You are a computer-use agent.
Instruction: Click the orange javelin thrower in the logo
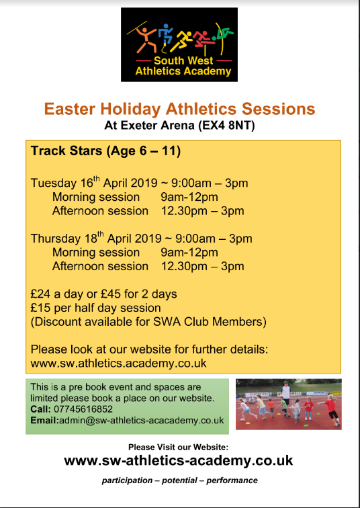click(145, 40)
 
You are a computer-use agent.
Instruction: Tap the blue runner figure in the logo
click(165, 37)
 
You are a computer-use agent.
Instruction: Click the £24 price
click(40, 294)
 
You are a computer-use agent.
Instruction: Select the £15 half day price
click(40, 308)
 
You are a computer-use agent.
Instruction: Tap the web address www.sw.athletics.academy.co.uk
click(118, 363)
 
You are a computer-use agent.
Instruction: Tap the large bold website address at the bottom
click(179, 460)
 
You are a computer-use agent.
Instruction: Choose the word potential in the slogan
click(180, 480)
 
